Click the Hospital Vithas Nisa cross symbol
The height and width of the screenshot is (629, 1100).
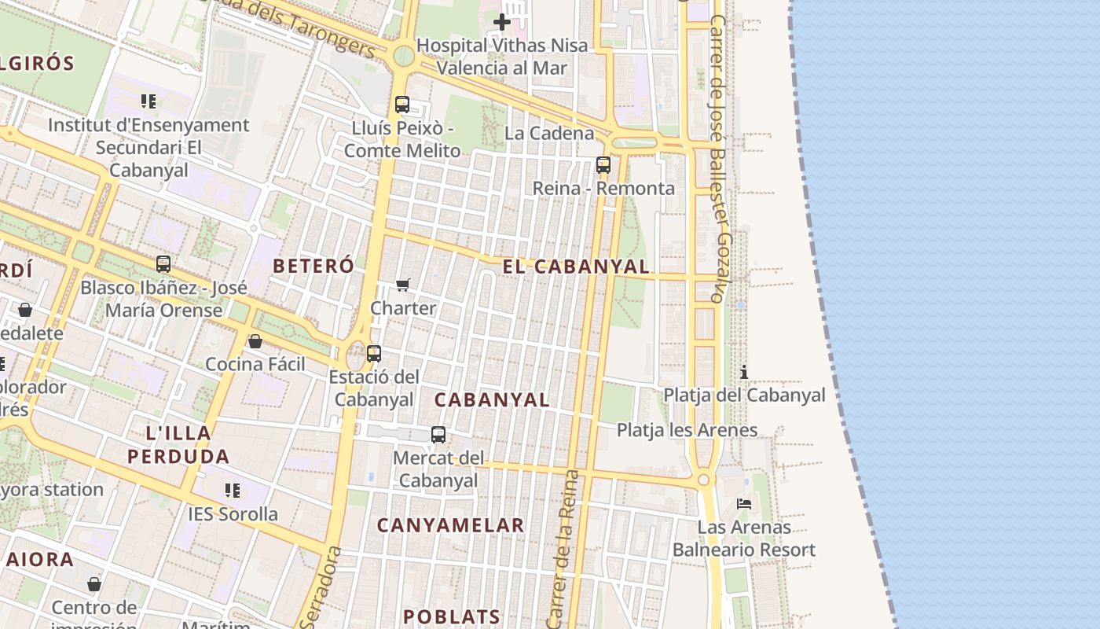click(502, 22)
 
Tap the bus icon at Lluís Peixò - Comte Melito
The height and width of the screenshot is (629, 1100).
click(402, 104)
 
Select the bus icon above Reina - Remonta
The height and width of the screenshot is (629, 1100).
click(603, 165)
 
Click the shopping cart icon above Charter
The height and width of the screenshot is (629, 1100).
click(403, 285)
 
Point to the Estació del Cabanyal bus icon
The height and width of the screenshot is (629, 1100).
click(374, 354)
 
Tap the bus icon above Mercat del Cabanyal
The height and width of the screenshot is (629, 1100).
click(438, 434)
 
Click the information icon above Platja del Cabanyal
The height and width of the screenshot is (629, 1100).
click(744, 372)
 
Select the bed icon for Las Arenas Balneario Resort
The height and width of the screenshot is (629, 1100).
click(744, 503)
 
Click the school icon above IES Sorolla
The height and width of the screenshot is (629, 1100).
click(233, 491)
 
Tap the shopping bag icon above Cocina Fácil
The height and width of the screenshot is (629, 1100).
click(255, 341)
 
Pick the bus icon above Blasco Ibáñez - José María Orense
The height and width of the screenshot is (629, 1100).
click(163, 264)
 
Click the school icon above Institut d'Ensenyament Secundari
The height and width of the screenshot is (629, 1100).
click(148, 101)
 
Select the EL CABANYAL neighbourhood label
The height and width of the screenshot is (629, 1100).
click(576, 267)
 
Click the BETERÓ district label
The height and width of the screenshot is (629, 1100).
click(313, 266)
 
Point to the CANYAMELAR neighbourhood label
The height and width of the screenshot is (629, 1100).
click(450, 525)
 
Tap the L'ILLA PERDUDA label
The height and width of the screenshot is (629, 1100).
click(178, 444)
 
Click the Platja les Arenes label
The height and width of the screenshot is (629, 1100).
click(687, 430)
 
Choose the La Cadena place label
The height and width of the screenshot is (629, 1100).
click(549, 133)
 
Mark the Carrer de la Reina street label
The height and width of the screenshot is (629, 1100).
click(564, 550)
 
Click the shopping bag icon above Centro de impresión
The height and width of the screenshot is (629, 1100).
click(94, 584)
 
